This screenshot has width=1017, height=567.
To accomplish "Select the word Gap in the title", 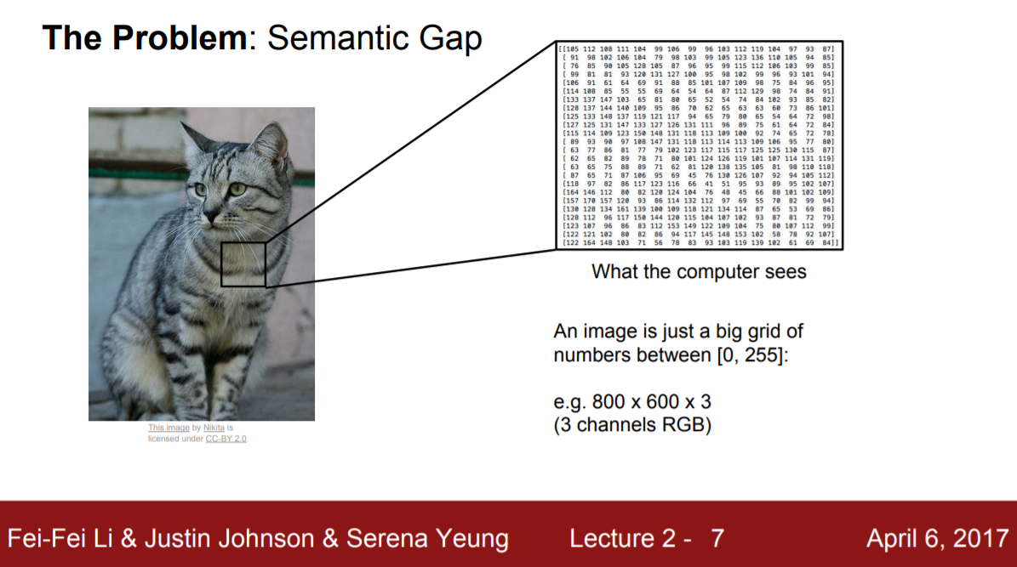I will click(x=452, y=38).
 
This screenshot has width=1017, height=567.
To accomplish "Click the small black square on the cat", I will click(x=243, y=264).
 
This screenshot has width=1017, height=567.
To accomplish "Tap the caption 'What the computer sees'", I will click(x=699, y=273).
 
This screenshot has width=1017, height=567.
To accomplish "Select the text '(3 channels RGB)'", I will click(x=631, y=424).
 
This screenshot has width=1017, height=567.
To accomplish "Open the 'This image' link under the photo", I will click(x=169, y=428).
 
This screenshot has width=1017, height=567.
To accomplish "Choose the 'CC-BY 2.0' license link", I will click(x=226, y=439).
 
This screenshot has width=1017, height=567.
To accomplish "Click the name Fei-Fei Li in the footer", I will click(x=65, y=538).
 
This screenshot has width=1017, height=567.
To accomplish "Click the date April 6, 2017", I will click(x=936, y=538).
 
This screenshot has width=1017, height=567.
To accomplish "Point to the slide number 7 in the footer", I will click(x=717, y=538).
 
